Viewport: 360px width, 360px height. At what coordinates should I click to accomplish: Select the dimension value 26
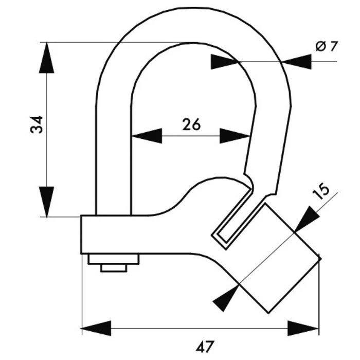coord(191,124)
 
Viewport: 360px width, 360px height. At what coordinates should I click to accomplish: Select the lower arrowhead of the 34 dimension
coord(47,202)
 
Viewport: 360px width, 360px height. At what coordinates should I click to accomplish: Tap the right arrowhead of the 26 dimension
coord(235,136)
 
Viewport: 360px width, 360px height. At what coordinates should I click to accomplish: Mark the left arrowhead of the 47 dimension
coord(96,328)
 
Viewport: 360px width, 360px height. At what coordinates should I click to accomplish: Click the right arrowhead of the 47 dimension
coord(303,328)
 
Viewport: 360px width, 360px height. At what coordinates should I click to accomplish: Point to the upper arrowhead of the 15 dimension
coord(304,219)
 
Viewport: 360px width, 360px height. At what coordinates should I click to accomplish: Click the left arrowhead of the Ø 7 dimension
coord(225,62)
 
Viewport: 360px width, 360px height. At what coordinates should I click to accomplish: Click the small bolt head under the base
coord(114,268)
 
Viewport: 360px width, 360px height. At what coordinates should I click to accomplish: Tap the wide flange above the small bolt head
coord(113,259)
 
